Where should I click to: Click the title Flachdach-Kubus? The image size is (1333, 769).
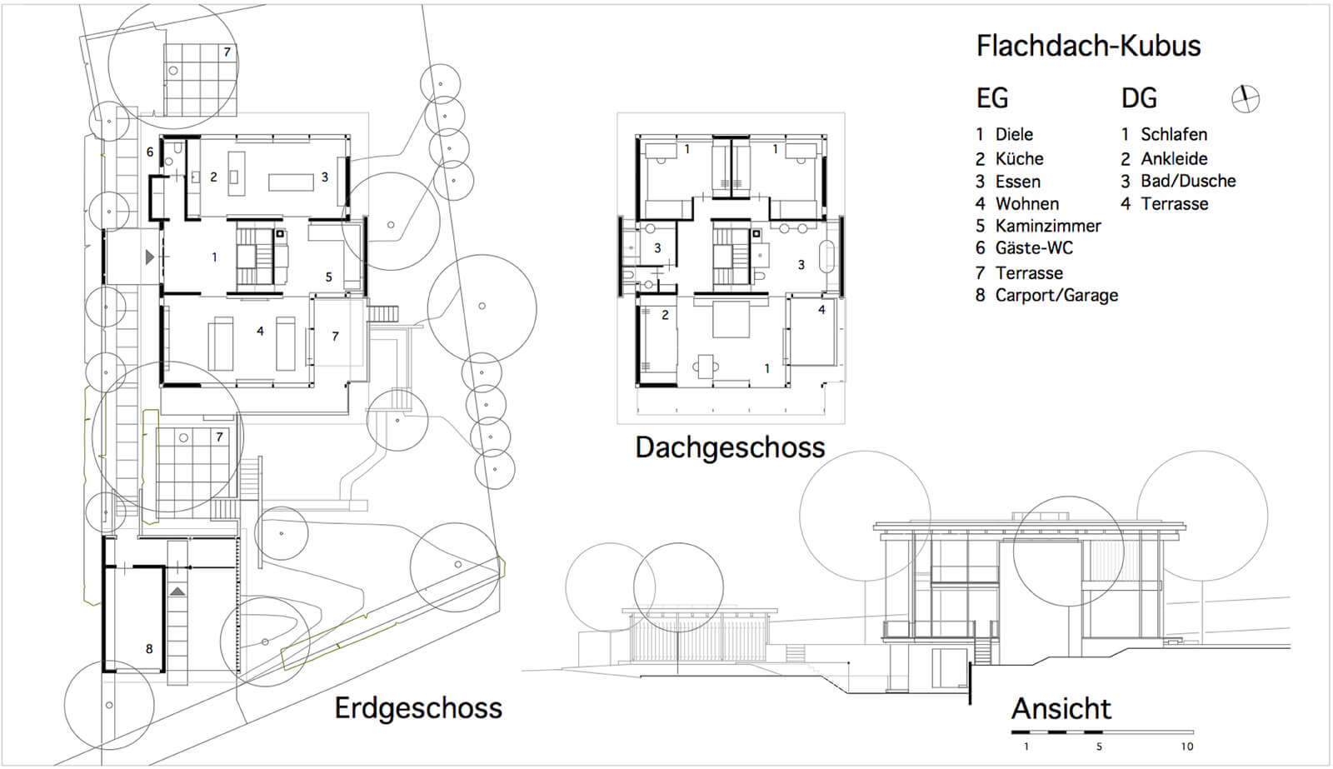click(x=1088, y=46)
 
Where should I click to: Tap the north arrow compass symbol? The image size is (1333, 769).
click(x=1246, y=99)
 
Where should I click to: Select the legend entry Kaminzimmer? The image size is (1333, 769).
click(x=1048, y=226)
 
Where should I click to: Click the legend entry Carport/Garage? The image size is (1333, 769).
click(x=1056, y=296)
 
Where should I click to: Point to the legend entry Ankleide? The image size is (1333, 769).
click(x=1174, y=159)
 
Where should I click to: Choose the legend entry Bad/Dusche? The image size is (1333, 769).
click(x=1188, y=181)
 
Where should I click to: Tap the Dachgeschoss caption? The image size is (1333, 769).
click(x=730, y=447)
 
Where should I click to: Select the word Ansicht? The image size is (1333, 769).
click(x=1061, y=709)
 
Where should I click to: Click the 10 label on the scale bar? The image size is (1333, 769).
click(x=1187, y=747)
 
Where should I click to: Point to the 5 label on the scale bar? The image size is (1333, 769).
click(x=1099, y=747)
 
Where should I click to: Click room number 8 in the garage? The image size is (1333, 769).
click(x=149, y=649)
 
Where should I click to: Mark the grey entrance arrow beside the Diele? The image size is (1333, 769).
click(x=150, y=257)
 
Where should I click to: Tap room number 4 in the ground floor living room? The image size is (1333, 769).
click(x=260, y=331)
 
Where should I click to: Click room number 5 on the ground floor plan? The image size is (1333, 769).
click(x=328, y=277)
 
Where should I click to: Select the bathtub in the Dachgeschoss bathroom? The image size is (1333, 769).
click(x=827, y=257)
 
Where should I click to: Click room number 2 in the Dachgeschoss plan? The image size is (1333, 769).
click(x=666, y=315)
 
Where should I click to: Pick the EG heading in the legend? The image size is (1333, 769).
click(x=992, y=98)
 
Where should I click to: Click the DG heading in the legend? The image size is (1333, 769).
click(x=1139, y=98)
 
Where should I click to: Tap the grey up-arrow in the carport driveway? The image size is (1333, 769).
click(x=177, y=591)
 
